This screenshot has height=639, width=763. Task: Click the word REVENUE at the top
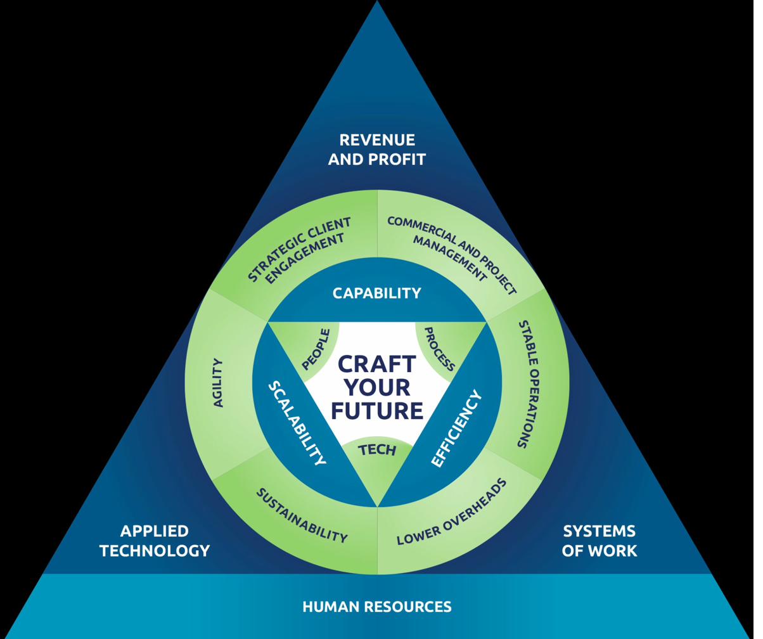click(x=381, y=140)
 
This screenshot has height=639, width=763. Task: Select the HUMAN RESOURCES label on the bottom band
click(x=381, y=607)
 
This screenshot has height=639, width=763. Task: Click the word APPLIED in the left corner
click(x=156, y=531)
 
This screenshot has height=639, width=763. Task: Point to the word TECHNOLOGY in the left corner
click(x=156, y=550)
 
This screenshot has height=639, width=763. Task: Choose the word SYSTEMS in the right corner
click(x=606, y=531)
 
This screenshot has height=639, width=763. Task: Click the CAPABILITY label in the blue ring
click(x=381, y=293)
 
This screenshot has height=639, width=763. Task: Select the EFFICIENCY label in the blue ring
click(x=462, y=429)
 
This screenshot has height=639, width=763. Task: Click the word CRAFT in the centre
click(x=381, y=365)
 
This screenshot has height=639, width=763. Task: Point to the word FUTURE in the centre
click(x=381, y=411)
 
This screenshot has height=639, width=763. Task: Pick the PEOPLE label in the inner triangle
click(x=319, y=349)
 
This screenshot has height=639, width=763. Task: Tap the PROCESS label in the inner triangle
click(x=444, y=349)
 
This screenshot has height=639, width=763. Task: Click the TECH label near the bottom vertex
click(x=381, y=450)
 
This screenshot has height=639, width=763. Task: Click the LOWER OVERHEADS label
click(x=458, y=512)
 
